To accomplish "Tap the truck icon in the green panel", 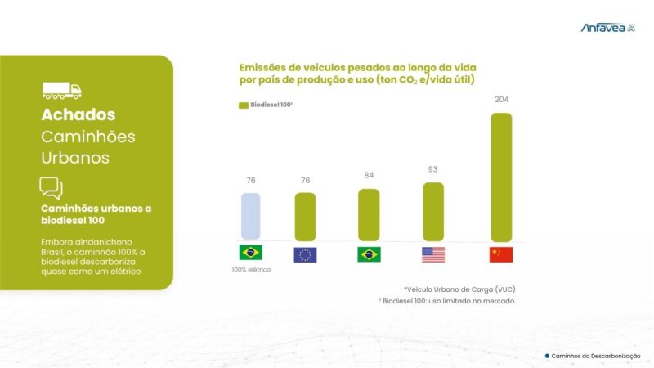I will (x=62, y=90).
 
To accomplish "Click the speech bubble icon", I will (x=51, y=188).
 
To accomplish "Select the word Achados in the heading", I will (x=78, y=114).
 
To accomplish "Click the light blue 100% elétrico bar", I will (x=250, y=217).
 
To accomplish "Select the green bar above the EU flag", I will (x=305, y=217).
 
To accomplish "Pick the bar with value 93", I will (x=433, y=212).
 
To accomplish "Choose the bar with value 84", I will (x=369, y=215).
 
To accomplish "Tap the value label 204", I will (x=501, y=100).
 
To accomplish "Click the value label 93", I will (x=433, y=169).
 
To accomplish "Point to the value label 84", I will (x=369, y=176).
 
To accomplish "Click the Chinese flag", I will (x=501, y=254).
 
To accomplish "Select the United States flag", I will (x=433, y=254).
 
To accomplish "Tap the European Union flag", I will (x=305, y=254).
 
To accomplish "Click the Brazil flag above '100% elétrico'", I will (x=250, y=253).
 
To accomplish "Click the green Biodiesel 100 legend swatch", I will (x=243, y=105).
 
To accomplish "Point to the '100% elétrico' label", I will (x=251, y=270).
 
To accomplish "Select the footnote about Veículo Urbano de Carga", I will (x=459, y=289).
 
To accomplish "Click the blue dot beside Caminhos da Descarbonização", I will (x=547, y=356).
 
